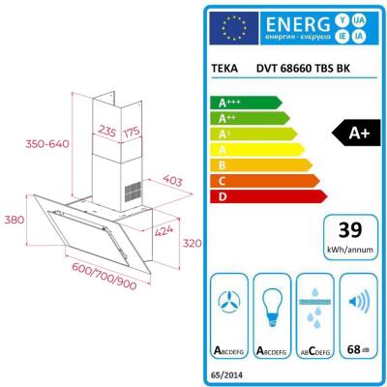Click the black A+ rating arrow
tap(354, 134)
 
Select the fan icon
tap(228, 301)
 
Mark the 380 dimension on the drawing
tap(15, 220)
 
